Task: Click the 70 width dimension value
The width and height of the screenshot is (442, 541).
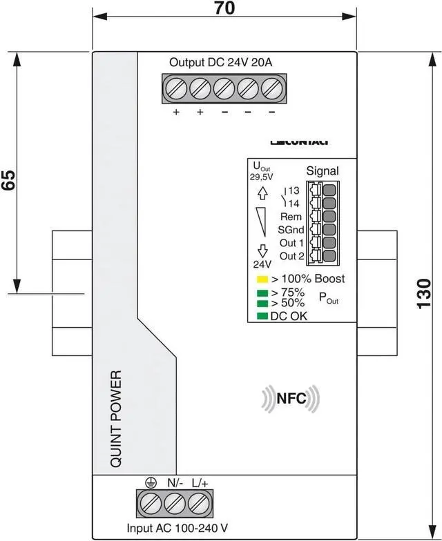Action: click(x=224, y=8)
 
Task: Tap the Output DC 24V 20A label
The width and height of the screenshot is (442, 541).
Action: click(x=221, y=62)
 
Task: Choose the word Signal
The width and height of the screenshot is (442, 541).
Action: click(x=322, y=171)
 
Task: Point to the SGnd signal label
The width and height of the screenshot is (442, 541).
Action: click(x=290, y=230)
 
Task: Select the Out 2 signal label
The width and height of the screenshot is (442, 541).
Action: click(x=291, y=256)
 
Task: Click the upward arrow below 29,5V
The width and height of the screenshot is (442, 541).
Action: click(x=262, y=194)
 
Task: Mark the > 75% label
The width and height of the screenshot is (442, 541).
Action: click(x=287, y=293)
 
